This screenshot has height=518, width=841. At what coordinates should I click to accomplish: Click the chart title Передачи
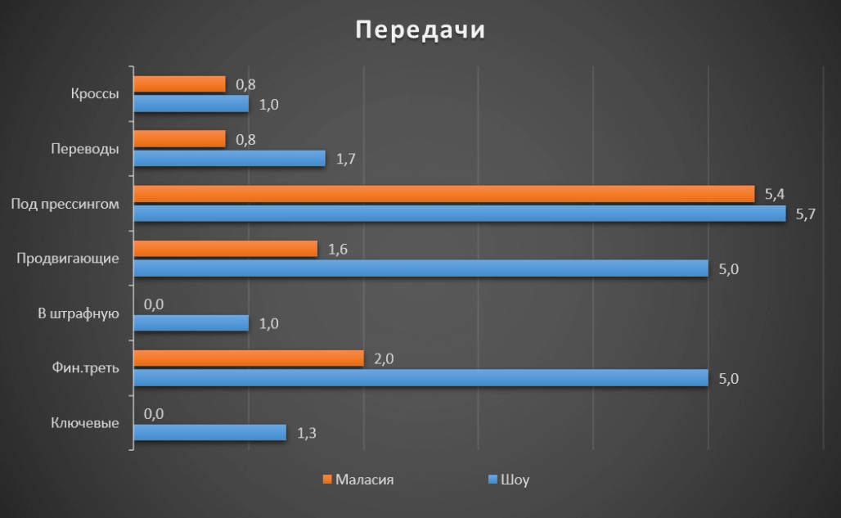420,29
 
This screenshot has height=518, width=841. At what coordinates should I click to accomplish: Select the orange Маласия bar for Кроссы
179,83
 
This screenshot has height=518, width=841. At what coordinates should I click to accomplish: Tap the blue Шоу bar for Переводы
229,158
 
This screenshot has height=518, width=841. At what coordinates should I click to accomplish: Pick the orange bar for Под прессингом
443,194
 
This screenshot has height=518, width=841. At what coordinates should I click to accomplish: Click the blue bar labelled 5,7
459,214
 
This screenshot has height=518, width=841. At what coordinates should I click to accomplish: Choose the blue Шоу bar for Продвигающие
420,268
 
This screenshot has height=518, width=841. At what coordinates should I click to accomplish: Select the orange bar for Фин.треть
248,358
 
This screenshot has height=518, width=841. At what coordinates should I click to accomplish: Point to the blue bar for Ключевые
209,432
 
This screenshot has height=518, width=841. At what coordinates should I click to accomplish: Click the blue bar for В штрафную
191,323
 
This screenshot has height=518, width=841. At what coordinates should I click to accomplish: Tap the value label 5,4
775,194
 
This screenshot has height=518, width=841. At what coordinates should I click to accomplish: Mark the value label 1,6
338,249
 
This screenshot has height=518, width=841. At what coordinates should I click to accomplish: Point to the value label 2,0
384,358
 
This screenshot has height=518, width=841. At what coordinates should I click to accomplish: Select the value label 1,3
307,432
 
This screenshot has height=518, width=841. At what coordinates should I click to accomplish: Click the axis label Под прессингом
65,204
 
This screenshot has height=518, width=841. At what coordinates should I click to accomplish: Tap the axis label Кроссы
95,94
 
